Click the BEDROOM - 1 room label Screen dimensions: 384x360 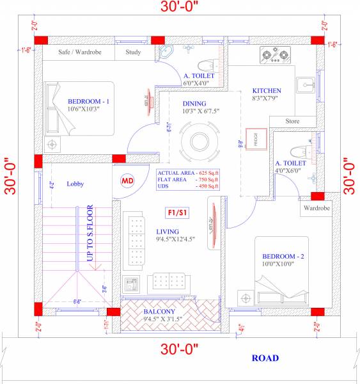(90, 101)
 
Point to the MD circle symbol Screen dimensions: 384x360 (127, 181)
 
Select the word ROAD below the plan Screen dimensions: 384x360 (264, 358)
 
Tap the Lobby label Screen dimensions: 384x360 (75, 184)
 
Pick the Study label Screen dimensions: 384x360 (133, 52)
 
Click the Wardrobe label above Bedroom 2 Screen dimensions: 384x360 (316, 208)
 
